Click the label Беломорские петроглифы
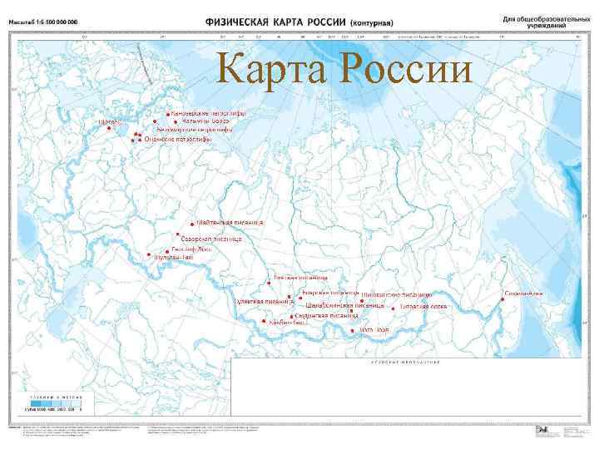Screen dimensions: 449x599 coord(195,130)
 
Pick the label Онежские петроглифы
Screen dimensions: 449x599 coord(178,140)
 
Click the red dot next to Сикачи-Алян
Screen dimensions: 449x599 coord(503,294)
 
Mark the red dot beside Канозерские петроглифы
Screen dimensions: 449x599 coord(167,113)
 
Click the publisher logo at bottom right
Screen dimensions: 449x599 coord(542,430)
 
